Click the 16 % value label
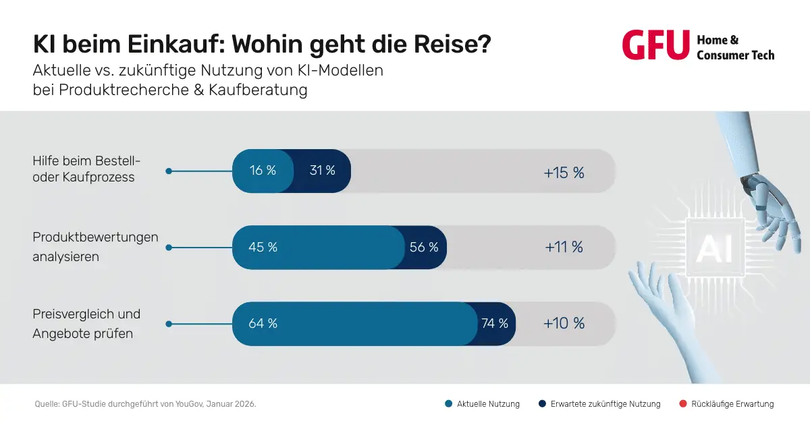pyautogui.click(x=263, y=171)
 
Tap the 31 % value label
pyautogui.click(x=322, y=171)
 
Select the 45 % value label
pyautogui.click(x=263, y=247)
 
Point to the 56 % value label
pyautogui.click(x=424, y=247)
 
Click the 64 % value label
pyautogui.click(x=263, y=323)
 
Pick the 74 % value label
pyautogui.click(x=495, y=323)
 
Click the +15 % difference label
pyautogui.click(x=564, y=173)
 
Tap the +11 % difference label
pyautogui.click(x=564, y=247)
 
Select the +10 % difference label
pyautogui.click(x=564, y=323)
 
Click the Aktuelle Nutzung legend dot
pyautogui.click(x=448, y=404)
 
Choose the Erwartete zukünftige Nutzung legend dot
pyautogui.click(x=542, y=404)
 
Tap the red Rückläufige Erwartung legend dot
pyautogui.click(x=682, y=404)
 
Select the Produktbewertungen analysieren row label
pyautogui.click(x=95, y=247)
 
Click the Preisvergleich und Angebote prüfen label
pyautogui.click(x=86, y=324)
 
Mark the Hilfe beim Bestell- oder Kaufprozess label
pyautogui.click(x=86, y=169)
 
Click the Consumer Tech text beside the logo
pyautogui.click(x=735, y=55)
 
